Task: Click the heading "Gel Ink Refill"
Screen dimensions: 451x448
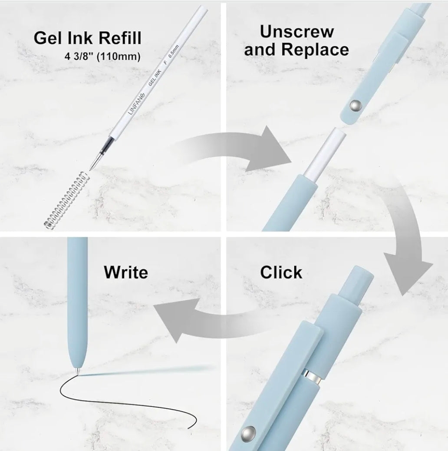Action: tap(87, 38)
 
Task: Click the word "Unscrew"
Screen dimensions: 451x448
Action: tap(296, 32)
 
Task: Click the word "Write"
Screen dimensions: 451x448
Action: tap(125, 272)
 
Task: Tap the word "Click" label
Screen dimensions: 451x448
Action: tap(281, 272)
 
